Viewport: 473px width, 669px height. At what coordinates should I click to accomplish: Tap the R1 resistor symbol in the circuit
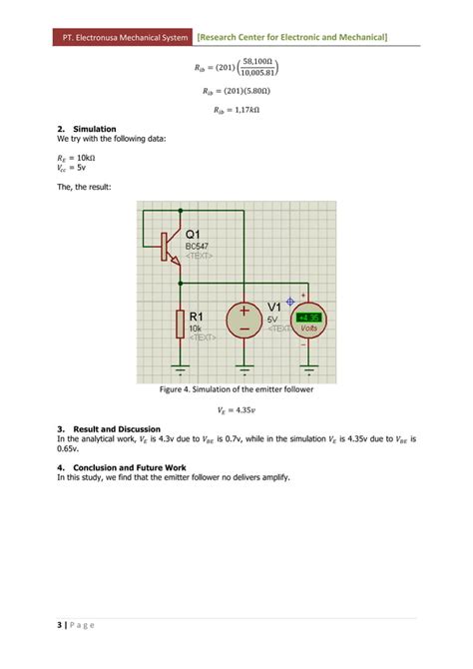(x=181, y=323)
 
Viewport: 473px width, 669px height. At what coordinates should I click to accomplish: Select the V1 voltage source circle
(x=242, y=321)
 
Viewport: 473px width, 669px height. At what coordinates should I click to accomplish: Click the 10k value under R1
(x=196, y=327)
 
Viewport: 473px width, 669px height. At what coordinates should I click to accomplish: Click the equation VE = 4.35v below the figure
(x=236, y=409)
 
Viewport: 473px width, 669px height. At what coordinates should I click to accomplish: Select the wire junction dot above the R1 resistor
(x=181, y=283)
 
